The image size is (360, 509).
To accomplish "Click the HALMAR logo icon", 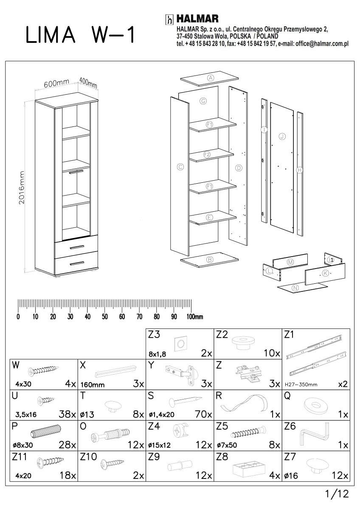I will click(169, 20).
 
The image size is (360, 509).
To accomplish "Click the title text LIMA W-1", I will click(80, 36).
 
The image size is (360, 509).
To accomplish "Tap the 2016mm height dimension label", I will click(22, 187).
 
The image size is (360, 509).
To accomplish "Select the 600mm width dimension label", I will click(56, 84).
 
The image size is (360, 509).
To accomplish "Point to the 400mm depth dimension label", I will click(88, 83).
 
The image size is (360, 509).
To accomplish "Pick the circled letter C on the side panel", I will click(180, 167).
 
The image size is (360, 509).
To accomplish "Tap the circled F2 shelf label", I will click(207, 154).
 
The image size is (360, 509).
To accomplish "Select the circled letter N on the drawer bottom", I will click(296, 288).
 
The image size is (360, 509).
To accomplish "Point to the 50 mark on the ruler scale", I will click(104, 317).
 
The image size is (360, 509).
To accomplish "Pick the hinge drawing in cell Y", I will click(183, 372).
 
